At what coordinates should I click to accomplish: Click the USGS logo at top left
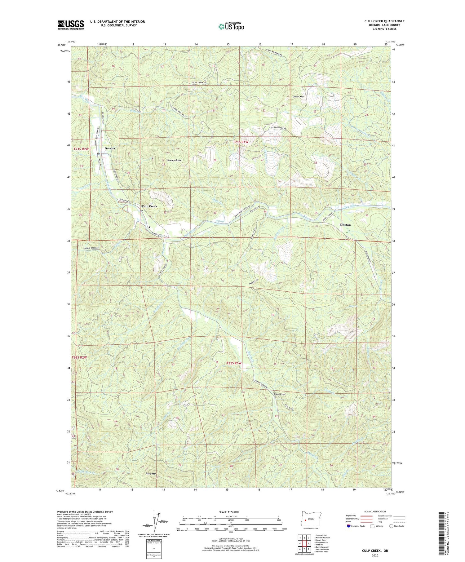71,25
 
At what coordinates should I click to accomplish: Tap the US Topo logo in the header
231,26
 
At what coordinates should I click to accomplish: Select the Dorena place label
110,148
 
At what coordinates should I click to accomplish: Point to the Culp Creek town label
149,206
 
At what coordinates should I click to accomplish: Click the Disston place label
345,224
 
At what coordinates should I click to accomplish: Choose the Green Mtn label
299,96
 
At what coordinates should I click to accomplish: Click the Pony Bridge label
280,394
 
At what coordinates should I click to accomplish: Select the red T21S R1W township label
241,142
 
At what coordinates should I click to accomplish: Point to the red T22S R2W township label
80,357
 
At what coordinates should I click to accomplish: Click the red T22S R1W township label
234,363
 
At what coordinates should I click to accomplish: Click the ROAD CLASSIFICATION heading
375,511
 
